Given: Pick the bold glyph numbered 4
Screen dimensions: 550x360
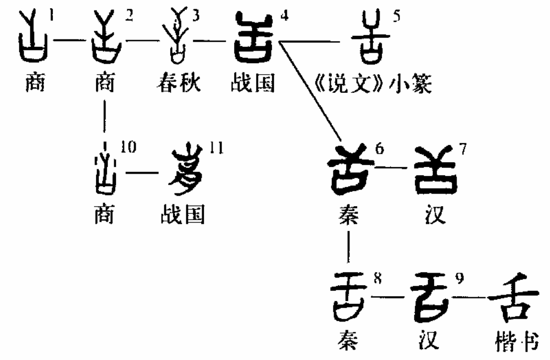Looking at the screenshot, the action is [x=254, y=38].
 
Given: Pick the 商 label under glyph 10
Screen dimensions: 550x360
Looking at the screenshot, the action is [x=104, y=215].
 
